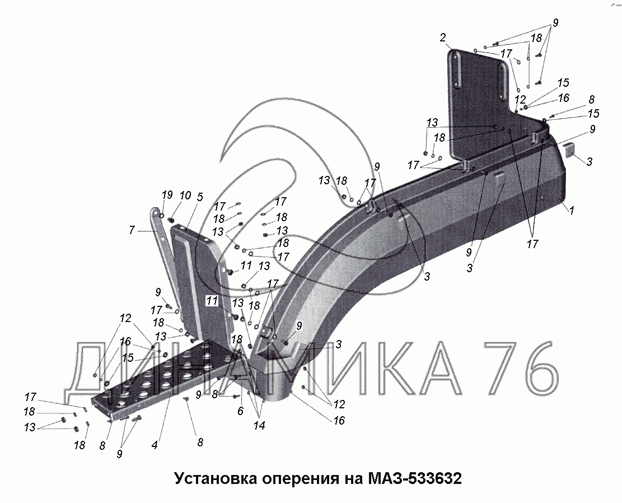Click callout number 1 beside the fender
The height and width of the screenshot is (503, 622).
coord(571,211)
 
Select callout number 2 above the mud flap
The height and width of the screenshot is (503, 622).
coord(442,38)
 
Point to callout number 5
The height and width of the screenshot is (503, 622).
coord(200,197)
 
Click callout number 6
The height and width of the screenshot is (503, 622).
coord(240,411)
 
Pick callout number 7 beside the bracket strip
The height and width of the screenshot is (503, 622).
coord(132,230)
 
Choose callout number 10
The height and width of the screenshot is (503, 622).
coord(185,195)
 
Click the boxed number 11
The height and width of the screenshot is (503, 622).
coord(211,300)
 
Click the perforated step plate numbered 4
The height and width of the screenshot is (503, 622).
coord(162,375)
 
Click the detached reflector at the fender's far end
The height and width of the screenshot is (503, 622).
coord(570,150)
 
